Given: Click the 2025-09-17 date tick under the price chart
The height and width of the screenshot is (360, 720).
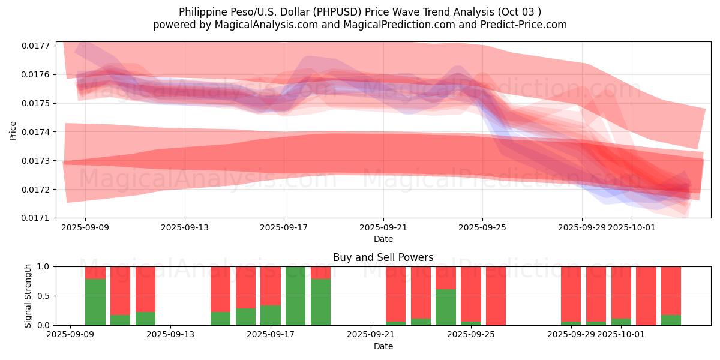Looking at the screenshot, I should tap(284, 227).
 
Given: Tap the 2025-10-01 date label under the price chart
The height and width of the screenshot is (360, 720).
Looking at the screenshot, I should tap(631, 227).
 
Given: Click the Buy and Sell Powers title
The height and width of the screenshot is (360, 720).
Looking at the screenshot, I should tap(383, 257).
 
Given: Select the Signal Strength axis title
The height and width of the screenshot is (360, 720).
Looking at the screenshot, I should tap(28, 296).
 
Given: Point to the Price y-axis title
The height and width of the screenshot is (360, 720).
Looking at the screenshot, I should tap(13, 130).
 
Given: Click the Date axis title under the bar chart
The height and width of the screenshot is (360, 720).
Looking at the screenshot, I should tap(383, 346).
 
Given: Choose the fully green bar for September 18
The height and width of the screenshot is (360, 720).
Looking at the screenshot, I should tap(296, 296).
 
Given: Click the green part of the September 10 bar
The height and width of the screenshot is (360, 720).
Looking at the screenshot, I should tap(95, 302).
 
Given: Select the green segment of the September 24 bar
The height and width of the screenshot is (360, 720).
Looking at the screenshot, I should tap(446, 307).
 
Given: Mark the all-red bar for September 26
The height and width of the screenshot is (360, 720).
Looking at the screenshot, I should tap(496, 296).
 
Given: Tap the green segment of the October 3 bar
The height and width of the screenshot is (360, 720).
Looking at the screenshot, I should tap(671, 320).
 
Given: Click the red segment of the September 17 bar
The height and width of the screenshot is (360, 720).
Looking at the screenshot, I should tap(271, 286).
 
